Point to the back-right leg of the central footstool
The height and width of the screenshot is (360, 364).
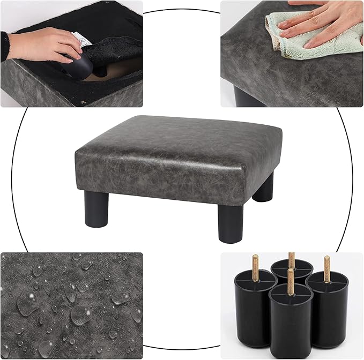click(x=263, y=187)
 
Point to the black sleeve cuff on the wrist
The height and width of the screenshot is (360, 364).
click(x=5, y=46)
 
